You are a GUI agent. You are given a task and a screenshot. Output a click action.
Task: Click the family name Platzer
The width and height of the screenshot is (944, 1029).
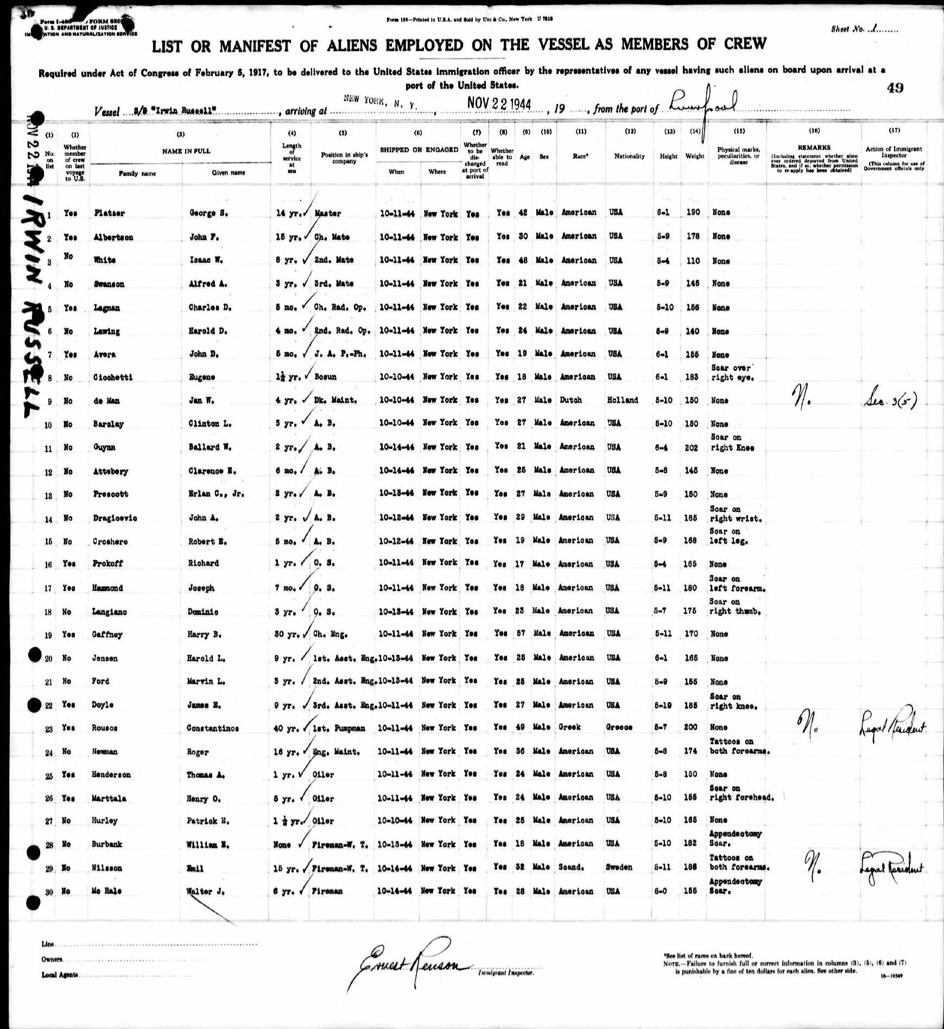point(109,213)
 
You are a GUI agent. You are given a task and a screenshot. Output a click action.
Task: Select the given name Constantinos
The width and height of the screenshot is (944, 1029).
point(212,728)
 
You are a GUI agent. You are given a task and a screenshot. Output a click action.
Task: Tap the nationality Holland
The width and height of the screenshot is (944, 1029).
point(622,400)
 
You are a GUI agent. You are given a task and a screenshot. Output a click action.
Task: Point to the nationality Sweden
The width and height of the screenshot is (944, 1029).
point(619,867)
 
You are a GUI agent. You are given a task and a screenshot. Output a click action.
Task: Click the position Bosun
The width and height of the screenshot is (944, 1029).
point(325,377)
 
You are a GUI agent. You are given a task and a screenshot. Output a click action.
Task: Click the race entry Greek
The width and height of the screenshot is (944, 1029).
point(569,727)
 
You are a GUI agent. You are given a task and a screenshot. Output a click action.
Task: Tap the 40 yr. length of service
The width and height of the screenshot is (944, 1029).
point(286,728)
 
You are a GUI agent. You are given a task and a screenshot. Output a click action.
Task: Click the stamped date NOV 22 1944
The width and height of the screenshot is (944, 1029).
point(498,104)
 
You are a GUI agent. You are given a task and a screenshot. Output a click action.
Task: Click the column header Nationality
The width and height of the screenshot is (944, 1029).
point(629,156)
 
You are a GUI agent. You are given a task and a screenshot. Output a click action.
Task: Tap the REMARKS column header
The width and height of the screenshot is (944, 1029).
point(814,148)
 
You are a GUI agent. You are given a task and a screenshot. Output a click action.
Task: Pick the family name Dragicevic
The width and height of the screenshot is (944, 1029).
point(115,518)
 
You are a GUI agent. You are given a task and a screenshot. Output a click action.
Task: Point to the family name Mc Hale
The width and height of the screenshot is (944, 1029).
point(107,891)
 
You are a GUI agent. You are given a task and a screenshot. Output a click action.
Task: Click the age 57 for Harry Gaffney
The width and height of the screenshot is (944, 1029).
point(521,633)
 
